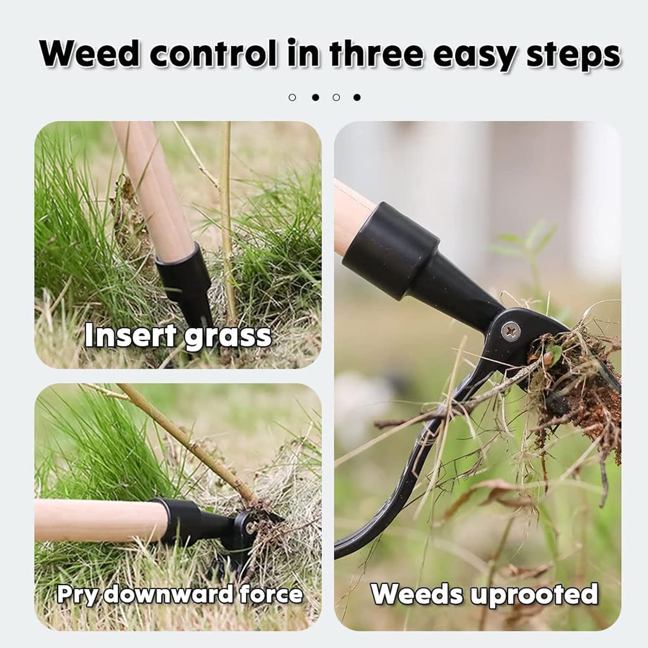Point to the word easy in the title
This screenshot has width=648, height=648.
pos(475,54)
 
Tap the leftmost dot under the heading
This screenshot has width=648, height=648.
pos(292,97)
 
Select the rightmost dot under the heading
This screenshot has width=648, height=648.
pos(357,97)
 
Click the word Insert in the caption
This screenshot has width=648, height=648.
pos(130,335)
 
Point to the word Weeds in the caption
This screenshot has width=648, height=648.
pos(417,594)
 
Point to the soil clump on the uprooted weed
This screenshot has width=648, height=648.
pos(579,389)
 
